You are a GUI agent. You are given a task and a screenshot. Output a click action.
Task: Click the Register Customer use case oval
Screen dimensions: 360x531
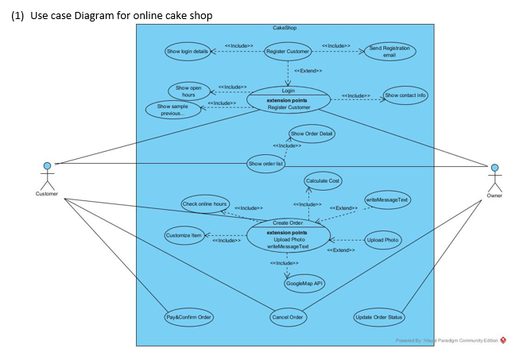pyautogui.click(x=288, y=52)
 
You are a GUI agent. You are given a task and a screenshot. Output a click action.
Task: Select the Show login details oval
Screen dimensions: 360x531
pyautogui.click(x=188, y=52)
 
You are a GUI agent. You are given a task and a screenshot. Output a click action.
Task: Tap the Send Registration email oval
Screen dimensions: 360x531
pyautogui.click(x=390, y=52)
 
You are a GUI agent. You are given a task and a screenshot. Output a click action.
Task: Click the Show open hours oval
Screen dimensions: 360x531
pyautogui.click(x=188, y=91)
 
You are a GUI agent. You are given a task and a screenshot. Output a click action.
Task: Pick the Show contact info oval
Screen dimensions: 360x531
pyautogui.click(x=405, y=95)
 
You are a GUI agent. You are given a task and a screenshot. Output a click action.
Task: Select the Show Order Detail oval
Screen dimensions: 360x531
pyautogui.click(x=312, y=134)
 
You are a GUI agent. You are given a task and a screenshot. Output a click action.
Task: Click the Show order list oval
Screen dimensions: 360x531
pyautogui.click(x=265, y=164)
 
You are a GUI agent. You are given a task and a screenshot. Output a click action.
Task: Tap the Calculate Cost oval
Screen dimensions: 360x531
pyautogui.click(x=323, y=181)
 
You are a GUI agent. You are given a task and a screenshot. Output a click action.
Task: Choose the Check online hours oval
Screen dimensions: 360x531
pyautogui.click(x=205, y=204)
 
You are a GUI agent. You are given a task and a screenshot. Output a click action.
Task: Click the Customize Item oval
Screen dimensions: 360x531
pyautogui.click(x=184, y=236)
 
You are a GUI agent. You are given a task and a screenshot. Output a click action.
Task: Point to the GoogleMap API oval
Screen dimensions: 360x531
pyautogui.click(x=304, y=283)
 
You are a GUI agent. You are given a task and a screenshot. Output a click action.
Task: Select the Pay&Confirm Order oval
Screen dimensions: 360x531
pyautogui.click(x=189, y=317)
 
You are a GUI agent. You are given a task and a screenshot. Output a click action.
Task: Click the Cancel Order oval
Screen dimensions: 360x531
pyautogui.click(x=288, y=317)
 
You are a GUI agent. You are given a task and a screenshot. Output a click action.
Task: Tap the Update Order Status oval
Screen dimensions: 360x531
pyautogui.click(x=379, y=317)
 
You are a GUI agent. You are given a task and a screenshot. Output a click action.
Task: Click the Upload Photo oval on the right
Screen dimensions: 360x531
pyautogui.click(x=382, y=240)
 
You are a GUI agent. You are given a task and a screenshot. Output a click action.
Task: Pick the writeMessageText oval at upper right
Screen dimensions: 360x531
pyautogui.click(x=387, y=199)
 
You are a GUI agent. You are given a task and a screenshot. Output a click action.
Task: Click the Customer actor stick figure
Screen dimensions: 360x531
pyautogui.click(x=47, y=175)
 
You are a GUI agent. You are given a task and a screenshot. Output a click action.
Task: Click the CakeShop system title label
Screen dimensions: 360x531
pyautogui.click(x=285, y=28)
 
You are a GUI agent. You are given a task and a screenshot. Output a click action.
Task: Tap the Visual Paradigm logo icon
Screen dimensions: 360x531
pyautogui.click(x=503, y=340)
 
